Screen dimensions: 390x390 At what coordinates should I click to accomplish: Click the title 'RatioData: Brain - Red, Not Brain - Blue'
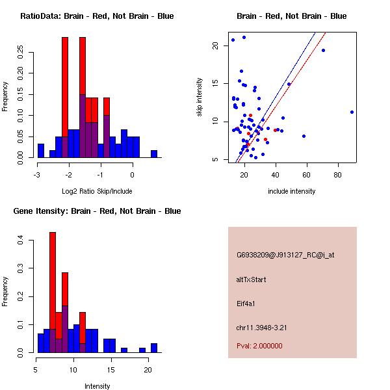pyautogui.click(x=97, y=16)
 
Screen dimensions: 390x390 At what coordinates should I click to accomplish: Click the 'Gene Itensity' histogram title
pyautogui.click(x=97, y=211)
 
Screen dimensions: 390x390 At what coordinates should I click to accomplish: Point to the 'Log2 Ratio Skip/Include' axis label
pyautogui.click(x=97, y=191)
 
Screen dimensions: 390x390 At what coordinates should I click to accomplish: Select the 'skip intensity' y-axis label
pyautogui.click(x=200, y=97)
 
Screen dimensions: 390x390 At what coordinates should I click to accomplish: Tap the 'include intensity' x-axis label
pyautogui.click(x=292, y=191)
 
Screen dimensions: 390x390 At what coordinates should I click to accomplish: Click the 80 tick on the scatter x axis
pyautogui.click(x=338, y=175)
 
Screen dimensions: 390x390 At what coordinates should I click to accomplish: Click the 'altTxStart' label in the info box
pyautogui.click(x=252, y=279)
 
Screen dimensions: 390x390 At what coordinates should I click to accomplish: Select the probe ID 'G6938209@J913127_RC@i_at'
pyautogui.click(x=285, y=255)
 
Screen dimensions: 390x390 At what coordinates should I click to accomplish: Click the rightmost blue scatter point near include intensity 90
pyautogui.click(x=352, y=112)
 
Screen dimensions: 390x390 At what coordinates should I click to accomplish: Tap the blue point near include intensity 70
pyautogui.click(x=323, y=50)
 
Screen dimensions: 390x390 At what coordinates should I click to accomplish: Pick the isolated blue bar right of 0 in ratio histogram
pyautogui.click(x=154, y=154)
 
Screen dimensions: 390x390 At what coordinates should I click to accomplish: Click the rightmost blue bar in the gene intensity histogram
pyautogui.click(x=154, y=348)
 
